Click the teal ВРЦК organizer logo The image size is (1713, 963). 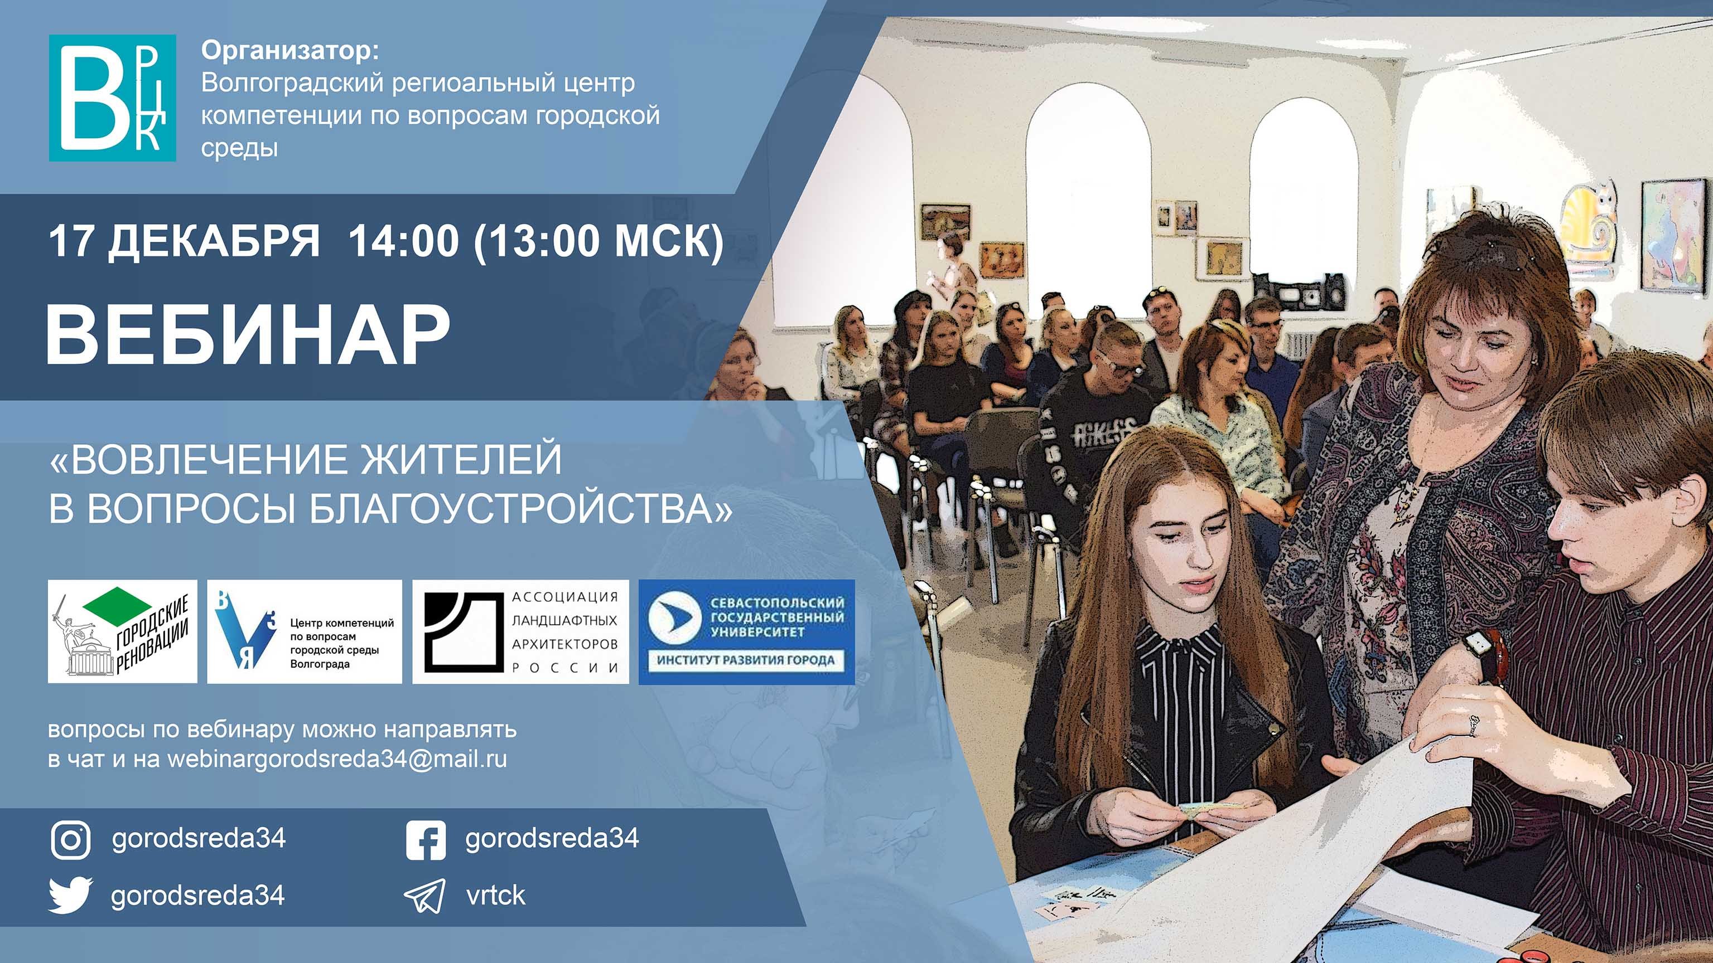click(112, 98)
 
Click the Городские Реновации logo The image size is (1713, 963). click(122, 631)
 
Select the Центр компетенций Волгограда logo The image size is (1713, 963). click(305, 631)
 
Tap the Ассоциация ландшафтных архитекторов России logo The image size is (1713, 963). click(520, 631)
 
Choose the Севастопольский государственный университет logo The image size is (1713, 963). click(746, 631)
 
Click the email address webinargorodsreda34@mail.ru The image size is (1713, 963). click(336, 759)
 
